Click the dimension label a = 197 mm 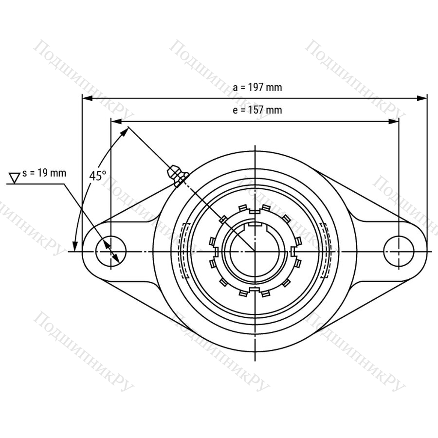click(257, 88)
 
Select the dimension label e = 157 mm click(257, 110)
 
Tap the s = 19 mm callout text click(44, 173)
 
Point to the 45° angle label click(98, 176)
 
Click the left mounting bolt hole click(111, 251)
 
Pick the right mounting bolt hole click(399, 251)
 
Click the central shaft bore click(255, 252)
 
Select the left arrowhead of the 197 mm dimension click(88, 98)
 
